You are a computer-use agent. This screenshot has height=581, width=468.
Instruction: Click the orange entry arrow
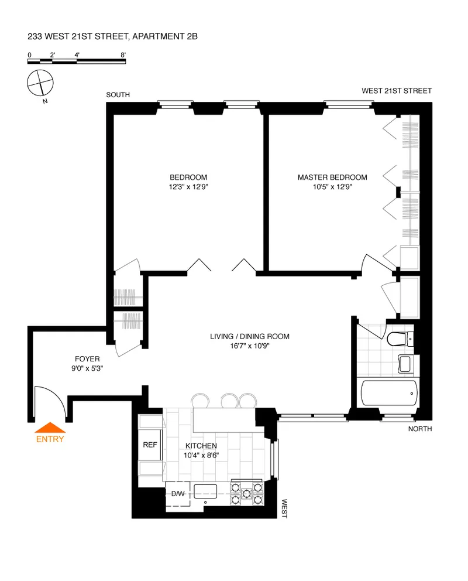click(50, 428)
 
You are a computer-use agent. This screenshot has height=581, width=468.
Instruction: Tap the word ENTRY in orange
click(50, 439)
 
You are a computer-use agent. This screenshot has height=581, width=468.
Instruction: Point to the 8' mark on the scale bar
click(123, 54)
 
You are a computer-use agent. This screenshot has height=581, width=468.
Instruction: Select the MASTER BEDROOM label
click(332, 177)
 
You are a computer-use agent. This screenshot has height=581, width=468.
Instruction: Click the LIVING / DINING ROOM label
click(250, 336)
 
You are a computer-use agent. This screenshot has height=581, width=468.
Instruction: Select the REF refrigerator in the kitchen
click(150, 445)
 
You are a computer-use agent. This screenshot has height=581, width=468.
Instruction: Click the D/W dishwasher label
click(177, 494)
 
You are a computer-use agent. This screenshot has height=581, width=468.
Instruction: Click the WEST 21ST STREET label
click(396, 91)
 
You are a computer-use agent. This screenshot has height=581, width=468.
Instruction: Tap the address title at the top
click(112, 36)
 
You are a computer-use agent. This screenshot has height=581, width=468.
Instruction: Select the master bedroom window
click(349, 105)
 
